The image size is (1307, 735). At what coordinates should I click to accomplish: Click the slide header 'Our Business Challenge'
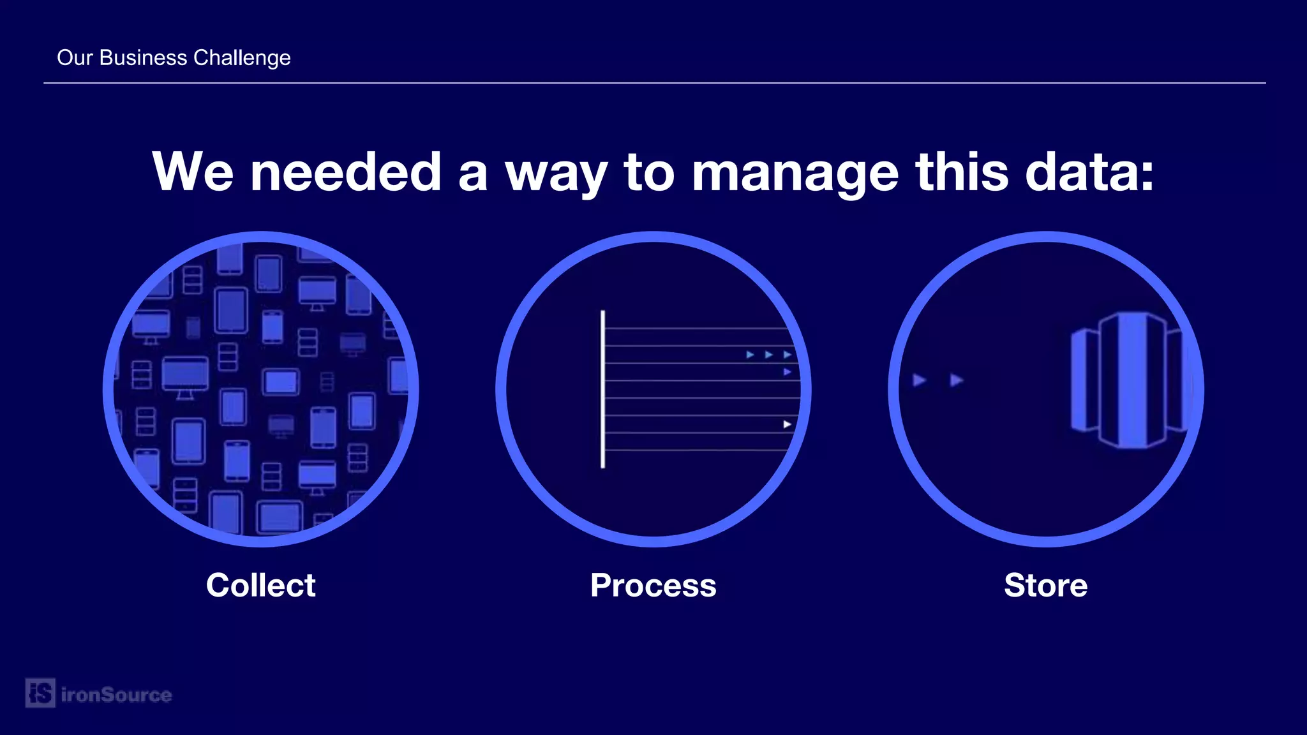tap(174, 57)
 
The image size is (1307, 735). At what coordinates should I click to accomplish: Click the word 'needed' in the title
tap(345, 172)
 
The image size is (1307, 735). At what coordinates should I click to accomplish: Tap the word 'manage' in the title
tap(795, 174)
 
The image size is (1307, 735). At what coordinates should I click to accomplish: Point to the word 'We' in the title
tap(193, 172)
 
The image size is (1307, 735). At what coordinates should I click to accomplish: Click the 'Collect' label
tap(260, 585)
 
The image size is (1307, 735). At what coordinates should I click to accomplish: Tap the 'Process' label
tap(653, 585)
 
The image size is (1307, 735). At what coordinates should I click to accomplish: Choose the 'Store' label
tap(1045, 585)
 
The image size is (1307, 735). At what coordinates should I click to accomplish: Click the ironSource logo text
tap(116, 695)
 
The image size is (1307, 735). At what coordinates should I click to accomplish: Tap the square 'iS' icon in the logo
tap(40, 693)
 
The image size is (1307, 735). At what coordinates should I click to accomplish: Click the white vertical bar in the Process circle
tap(602, 389)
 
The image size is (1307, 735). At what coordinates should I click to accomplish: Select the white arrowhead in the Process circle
tap(787, 424)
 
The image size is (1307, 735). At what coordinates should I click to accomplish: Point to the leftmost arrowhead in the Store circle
tap(919, 380)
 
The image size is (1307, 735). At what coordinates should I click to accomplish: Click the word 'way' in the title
tap(556, 174)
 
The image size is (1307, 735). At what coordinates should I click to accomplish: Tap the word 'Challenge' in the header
tap(242, 57)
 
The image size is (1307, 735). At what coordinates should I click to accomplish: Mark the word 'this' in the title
tap(962, 172)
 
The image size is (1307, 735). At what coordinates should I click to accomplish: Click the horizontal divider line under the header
tap(653, 83)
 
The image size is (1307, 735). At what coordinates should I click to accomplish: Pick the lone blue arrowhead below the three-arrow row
tap(787, 372)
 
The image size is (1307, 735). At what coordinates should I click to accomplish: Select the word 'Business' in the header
tap(144, 57)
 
